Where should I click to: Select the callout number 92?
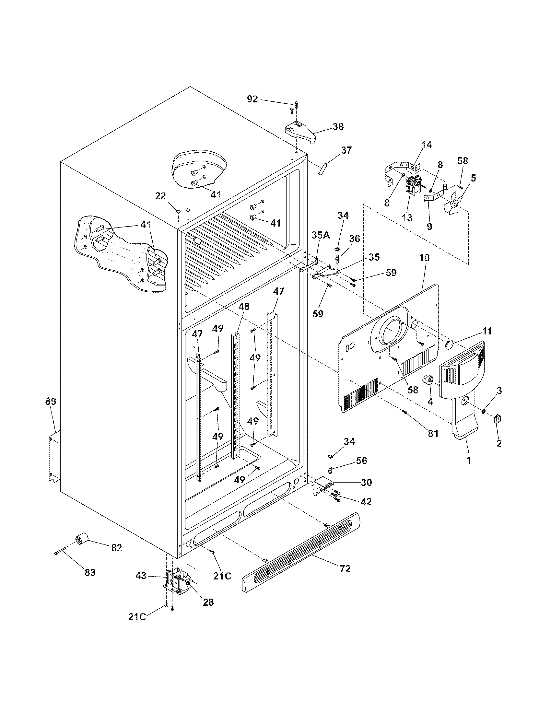(x=252, y=99)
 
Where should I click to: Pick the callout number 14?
(x=426, y=145)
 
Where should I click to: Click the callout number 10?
(x=424, y=258)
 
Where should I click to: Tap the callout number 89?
(x=51, y=401)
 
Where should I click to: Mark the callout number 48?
(x=244, y=306)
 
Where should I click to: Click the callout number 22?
(x=160, y=196)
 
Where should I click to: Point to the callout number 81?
(x=433, y=434)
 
